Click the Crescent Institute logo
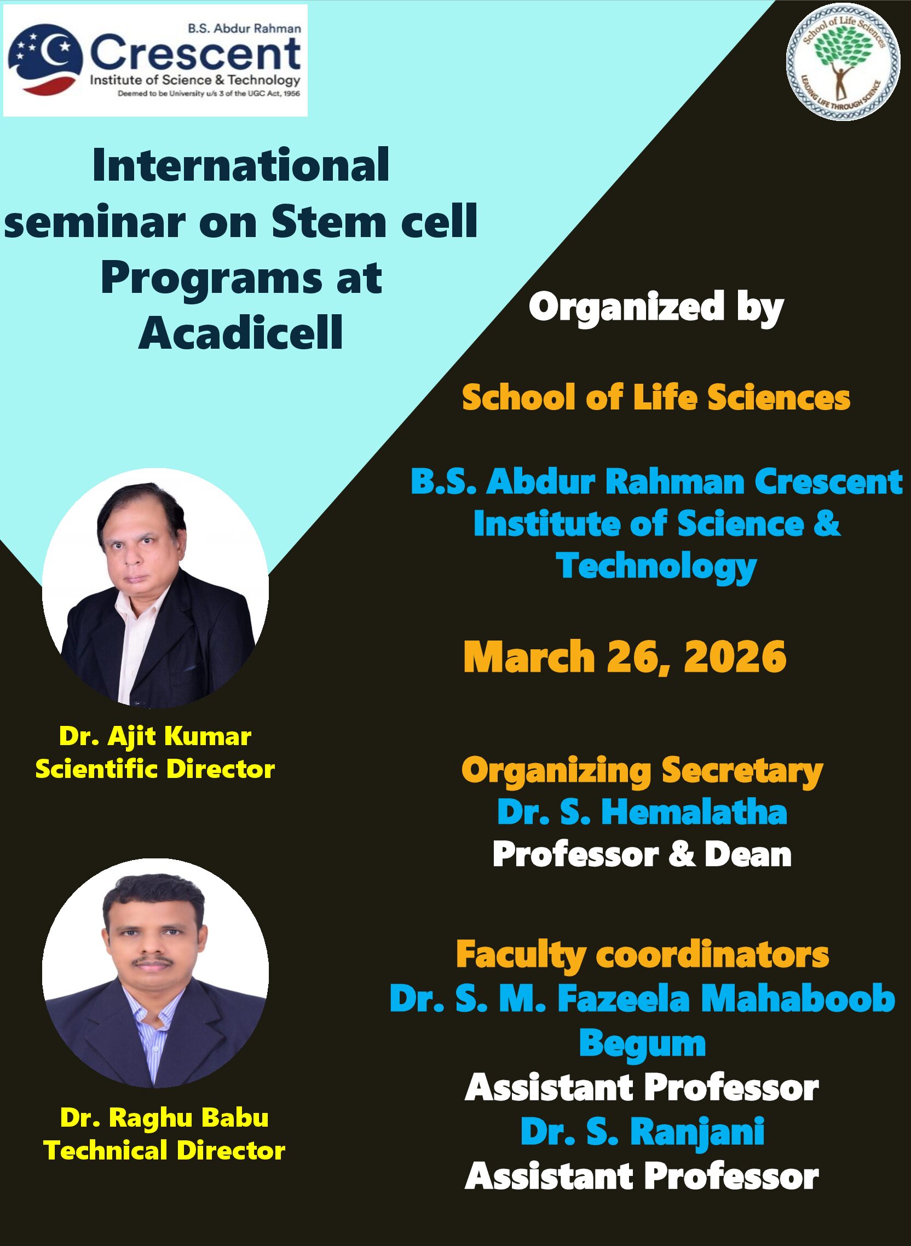pos(155,61)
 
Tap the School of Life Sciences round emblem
pos(843,65)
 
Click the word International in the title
pos(241,165)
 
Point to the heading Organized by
pos(656,308)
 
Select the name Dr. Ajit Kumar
pos(155,736)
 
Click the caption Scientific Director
pos(155,769)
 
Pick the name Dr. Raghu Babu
pos(164,1118)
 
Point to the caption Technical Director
pos(164,1151)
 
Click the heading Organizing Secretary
pos(642,771)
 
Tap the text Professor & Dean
pos(642,855)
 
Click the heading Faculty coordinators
pos(642,955)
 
